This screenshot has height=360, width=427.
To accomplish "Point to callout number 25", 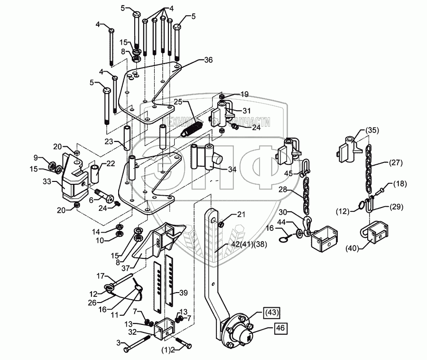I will tap(178, 102).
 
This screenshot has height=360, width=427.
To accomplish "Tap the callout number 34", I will tap(232, 170).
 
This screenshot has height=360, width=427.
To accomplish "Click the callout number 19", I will tap(244, 95).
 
